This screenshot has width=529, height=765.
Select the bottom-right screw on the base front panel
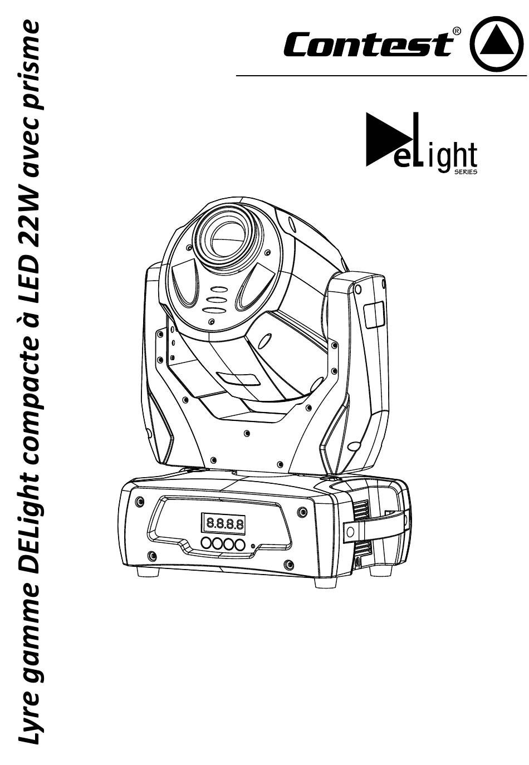tap(288, 565)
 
